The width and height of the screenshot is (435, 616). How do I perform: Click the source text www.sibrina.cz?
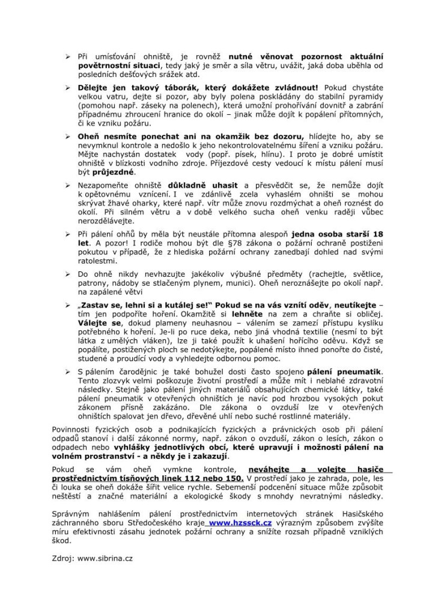105,558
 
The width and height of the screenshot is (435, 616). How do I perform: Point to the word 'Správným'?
72,513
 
